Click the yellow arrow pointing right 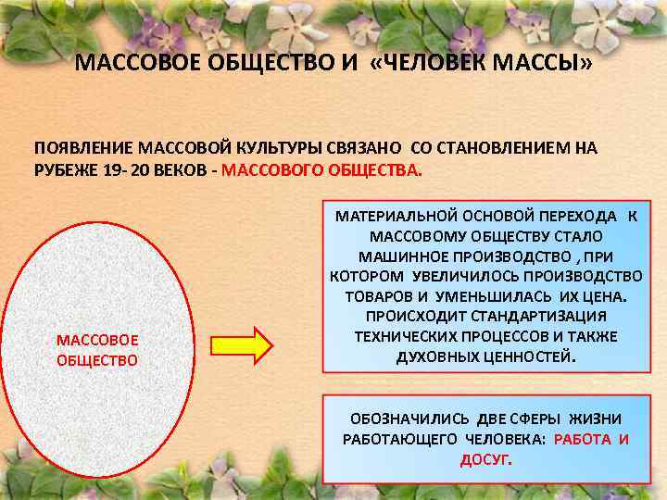pyautogui.click(x=242, y=346)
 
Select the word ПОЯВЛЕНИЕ pyautogui.click(x=83, y=148)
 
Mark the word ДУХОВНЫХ pyautogui.click(x=438, y=356)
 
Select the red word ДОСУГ pyautogui.click(x=485, y=459)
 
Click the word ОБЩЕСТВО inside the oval pyautogui.click(x=97, y=360)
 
